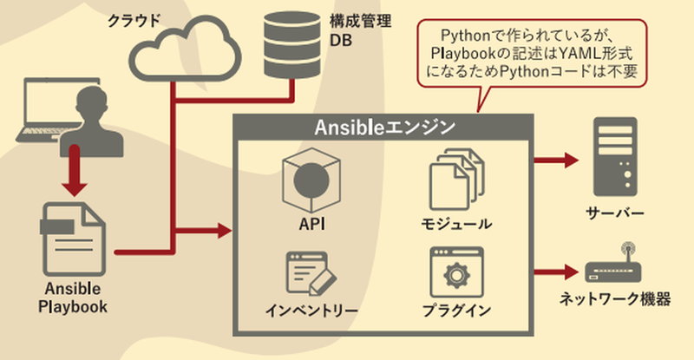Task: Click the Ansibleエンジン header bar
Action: click(x=382, y=128)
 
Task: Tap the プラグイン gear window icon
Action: click(x=455, y=272)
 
